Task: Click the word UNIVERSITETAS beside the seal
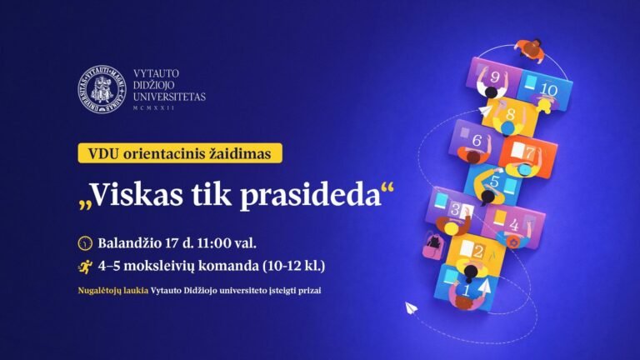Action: tap(168, 97)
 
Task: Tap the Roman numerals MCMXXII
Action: tap(153, 109)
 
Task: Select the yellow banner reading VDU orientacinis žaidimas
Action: tap(180, 153)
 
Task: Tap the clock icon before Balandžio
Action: tap(84, 244)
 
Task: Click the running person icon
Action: tap(84, 267)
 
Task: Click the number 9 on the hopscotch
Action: tap(495, 77)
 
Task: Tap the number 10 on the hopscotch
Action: tap(547, 88)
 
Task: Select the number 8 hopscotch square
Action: tap(509, 114)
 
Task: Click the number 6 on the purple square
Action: tap(477, 141)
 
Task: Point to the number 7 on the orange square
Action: tap(529, 153)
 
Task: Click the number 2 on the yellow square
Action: tap(477, 251)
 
